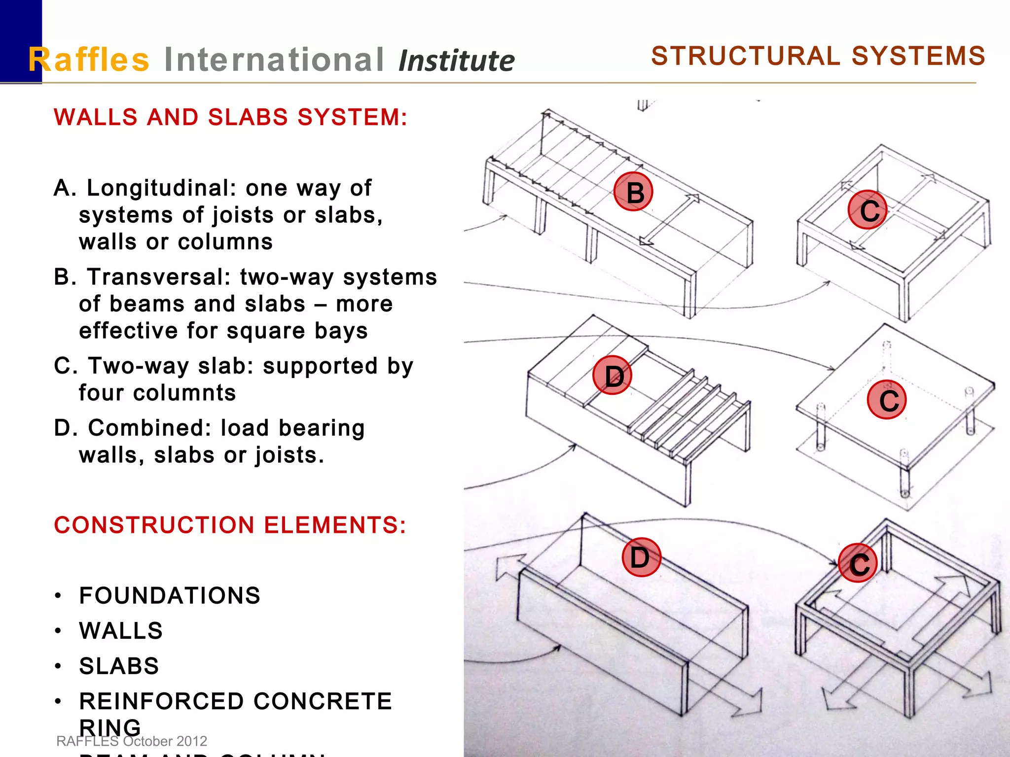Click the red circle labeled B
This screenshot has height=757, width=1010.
[x=633, y=192]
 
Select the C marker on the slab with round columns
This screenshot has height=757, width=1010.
[x=886, y=400]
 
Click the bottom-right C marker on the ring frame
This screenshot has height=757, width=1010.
[x=858, y=563]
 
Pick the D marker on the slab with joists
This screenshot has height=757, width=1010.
[x=613, y=375]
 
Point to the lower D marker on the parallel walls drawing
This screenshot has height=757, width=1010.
[x=641, y=557]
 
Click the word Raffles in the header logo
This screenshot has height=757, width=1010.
[x=89, y=60]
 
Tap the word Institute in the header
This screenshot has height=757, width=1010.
[x=456, y=61]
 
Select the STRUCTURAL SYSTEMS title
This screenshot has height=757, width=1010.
[x=818, y=56]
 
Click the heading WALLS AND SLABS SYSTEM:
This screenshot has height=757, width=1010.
[x=231, y=117]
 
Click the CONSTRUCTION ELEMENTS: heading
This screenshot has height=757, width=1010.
[x=230, y=525]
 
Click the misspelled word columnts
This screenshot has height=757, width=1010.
[x=158, y=393]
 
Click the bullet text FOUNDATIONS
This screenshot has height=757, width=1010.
[x=170, y=595]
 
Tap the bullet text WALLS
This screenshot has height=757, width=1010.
[x=121, y=631]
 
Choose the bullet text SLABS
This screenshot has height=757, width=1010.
[x=119, y=666]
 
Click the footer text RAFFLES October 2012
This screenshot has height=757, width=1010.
[x=132, y=741]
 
